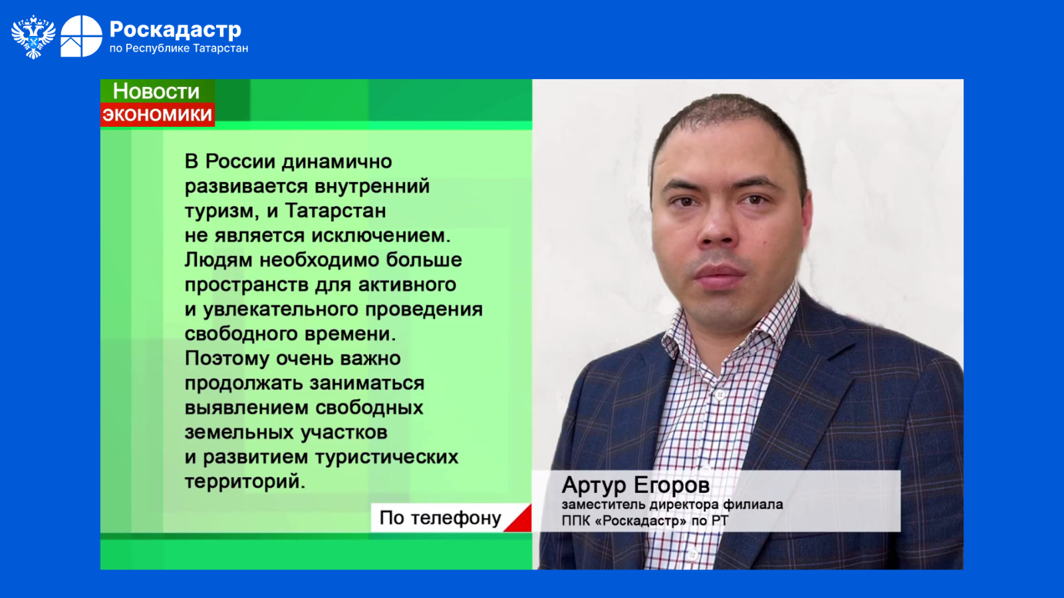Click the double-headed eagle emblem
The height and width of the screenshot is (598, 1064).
tap(33, 37)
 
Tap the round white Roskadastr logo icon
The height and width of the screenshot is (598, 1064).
tap(81, 36)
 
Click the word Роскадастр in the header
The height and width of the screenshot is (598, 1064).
tap(176, 30)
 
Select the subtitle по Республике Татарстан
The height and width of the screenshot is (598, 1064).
tap(179, 49)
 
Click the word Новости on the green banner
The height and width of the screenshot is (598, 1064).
tap(156, 91)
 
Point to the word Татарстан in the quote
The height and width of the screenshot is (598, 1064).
tap(335, 211)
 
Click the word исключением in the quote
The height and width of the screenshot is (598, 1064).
tap(381, 235)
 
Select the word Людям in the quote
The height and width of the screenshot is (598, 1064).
tap(219, 260)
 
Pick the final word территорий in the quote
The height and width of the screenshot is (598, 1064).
tap(245, 482)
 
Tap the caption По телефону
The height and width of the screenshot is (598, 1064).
tap(440, 518)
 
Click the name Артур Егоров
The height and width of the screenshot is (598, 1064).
tap(636, 485)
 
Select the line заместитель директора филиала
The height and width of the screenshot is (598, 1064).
tap(672, 504)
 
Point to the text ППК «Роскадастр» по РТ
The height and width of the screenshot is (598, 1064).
tap(644, 521)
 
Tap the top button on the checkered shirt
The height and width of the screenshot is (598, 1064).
tap(720, 395)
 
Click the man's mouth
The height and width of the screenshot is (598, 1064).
tap(719, 274)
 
